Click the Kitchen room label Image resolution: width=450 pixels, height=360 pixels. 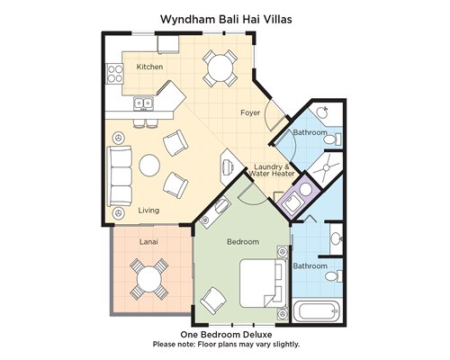tap(149, 67)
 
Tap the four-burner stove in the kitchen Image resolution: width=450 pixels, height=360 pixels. tap(115, 74)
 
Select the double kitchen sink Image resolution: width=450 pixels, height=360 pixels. tap(143, 103)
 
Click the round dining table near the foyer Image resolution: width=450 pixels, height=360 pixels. tap(220, 67)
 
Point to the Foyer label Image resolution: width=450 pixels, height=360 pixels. tap(250, 112)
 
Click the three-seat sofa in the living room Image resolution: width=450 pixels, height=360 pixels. tap(120, 176)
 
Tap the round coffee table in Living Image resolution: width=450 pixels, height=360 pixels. tap(149, 166)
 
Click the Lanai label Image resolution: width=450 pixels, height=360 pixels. tap(148, 241)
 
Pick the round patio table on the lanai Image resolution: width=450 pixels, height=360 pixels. tap(149, 279)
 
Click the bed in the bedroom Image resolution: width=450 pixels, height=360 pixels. tap(263, 283)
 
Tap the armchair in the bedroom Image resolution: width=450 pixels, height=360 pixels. tap(213, 301)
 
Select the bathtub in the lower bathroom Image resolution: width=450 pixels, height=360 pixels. tap(318, 311)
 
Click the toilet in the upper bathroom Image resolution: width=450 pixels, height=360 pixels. tap(333, 139)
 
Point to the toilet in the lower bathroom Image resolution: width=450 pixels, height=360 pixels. tap(334, 276)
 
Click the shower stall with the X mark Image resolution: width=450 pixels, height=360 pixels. tap(326, 169)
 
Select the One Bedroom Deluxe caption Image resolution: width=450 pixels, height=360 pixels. tap(226, 334)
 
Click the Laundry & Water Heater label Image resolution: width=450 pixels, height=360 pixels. tap(272, 170)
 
